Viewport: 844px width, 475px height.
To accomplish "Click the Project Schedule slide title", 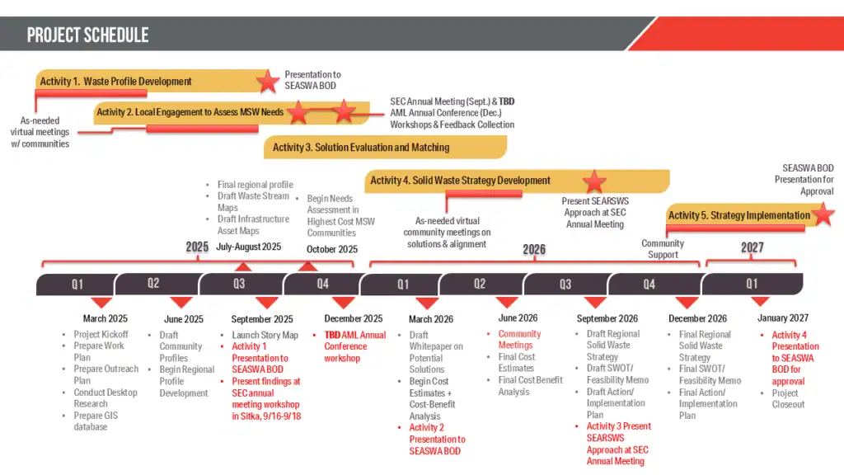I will click(88, 35).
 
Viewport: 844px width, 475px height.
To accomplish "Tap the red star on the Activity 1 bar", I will click(267, 82).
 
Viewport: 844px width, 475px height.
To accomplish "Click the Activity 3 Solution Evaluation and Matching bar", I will click(361, 148).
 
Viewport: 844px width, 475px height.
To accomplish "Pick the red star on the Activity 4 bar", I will click(594, 181).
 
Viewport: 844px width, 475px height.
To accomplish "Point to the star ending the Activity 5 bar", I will click(823, 215).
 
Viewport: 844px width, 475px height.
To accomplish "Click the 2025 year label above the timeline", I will click(197, 247).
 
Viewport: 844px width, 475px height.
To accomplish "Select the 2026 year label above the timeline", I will click(534, 249).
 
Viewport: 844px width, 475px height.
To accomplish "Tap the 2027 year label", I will click(752, 248).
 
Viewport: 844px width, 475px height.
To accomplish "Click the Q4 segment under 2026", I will click(649, 285).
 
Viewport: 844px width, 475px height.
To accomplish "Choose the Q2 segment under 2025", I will click(153, 284).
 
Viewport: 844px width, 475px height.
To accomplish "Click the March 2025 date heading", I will click(105, 319).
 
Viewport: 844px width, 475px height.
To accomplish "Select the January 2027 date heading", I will click(782, 318).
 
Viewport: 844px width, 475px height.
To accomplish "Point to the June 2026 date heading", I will click(518, 318).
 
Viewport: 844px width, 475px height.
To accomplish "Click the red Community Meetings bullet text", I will click(519, 340).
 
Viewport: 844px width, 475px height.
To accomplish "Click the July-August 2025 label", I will click(248, 247).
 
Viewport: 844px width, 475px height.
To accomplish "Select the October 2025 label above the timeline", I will click(332, 249).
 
